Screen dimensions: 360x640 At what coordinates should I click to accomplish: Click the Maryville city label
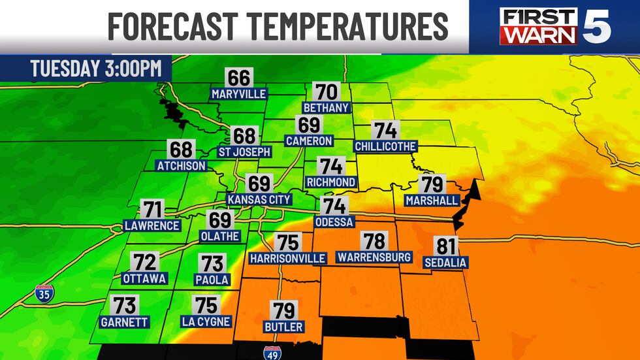239,94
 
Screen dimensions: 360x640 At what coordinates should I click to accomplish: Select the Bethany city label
327,107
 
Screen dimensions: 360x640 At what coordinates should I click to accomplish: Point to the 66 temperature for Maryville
239,78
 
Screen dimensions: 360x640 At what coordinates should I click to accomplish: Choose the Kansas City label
259,199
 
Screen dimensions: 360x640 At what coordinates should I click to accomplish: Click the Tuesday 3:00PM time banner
86,69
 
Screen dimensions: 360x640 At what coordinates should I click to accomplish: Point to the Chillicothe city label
385,146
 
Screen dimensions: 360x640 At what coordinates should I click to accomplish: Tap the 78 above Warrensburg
374,241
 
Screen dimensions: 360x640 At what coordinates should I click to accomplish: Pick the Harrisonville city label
287,259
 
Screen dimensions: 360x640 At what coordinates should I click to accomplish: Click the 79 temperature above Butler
284,310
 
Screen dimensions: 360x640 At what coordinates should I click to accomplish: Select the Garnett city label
125,322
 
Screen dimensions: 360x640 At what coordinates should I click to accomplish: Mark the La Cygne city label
206,322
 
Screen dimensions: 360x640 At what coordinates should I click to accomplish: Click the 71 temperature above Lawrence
152,210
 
